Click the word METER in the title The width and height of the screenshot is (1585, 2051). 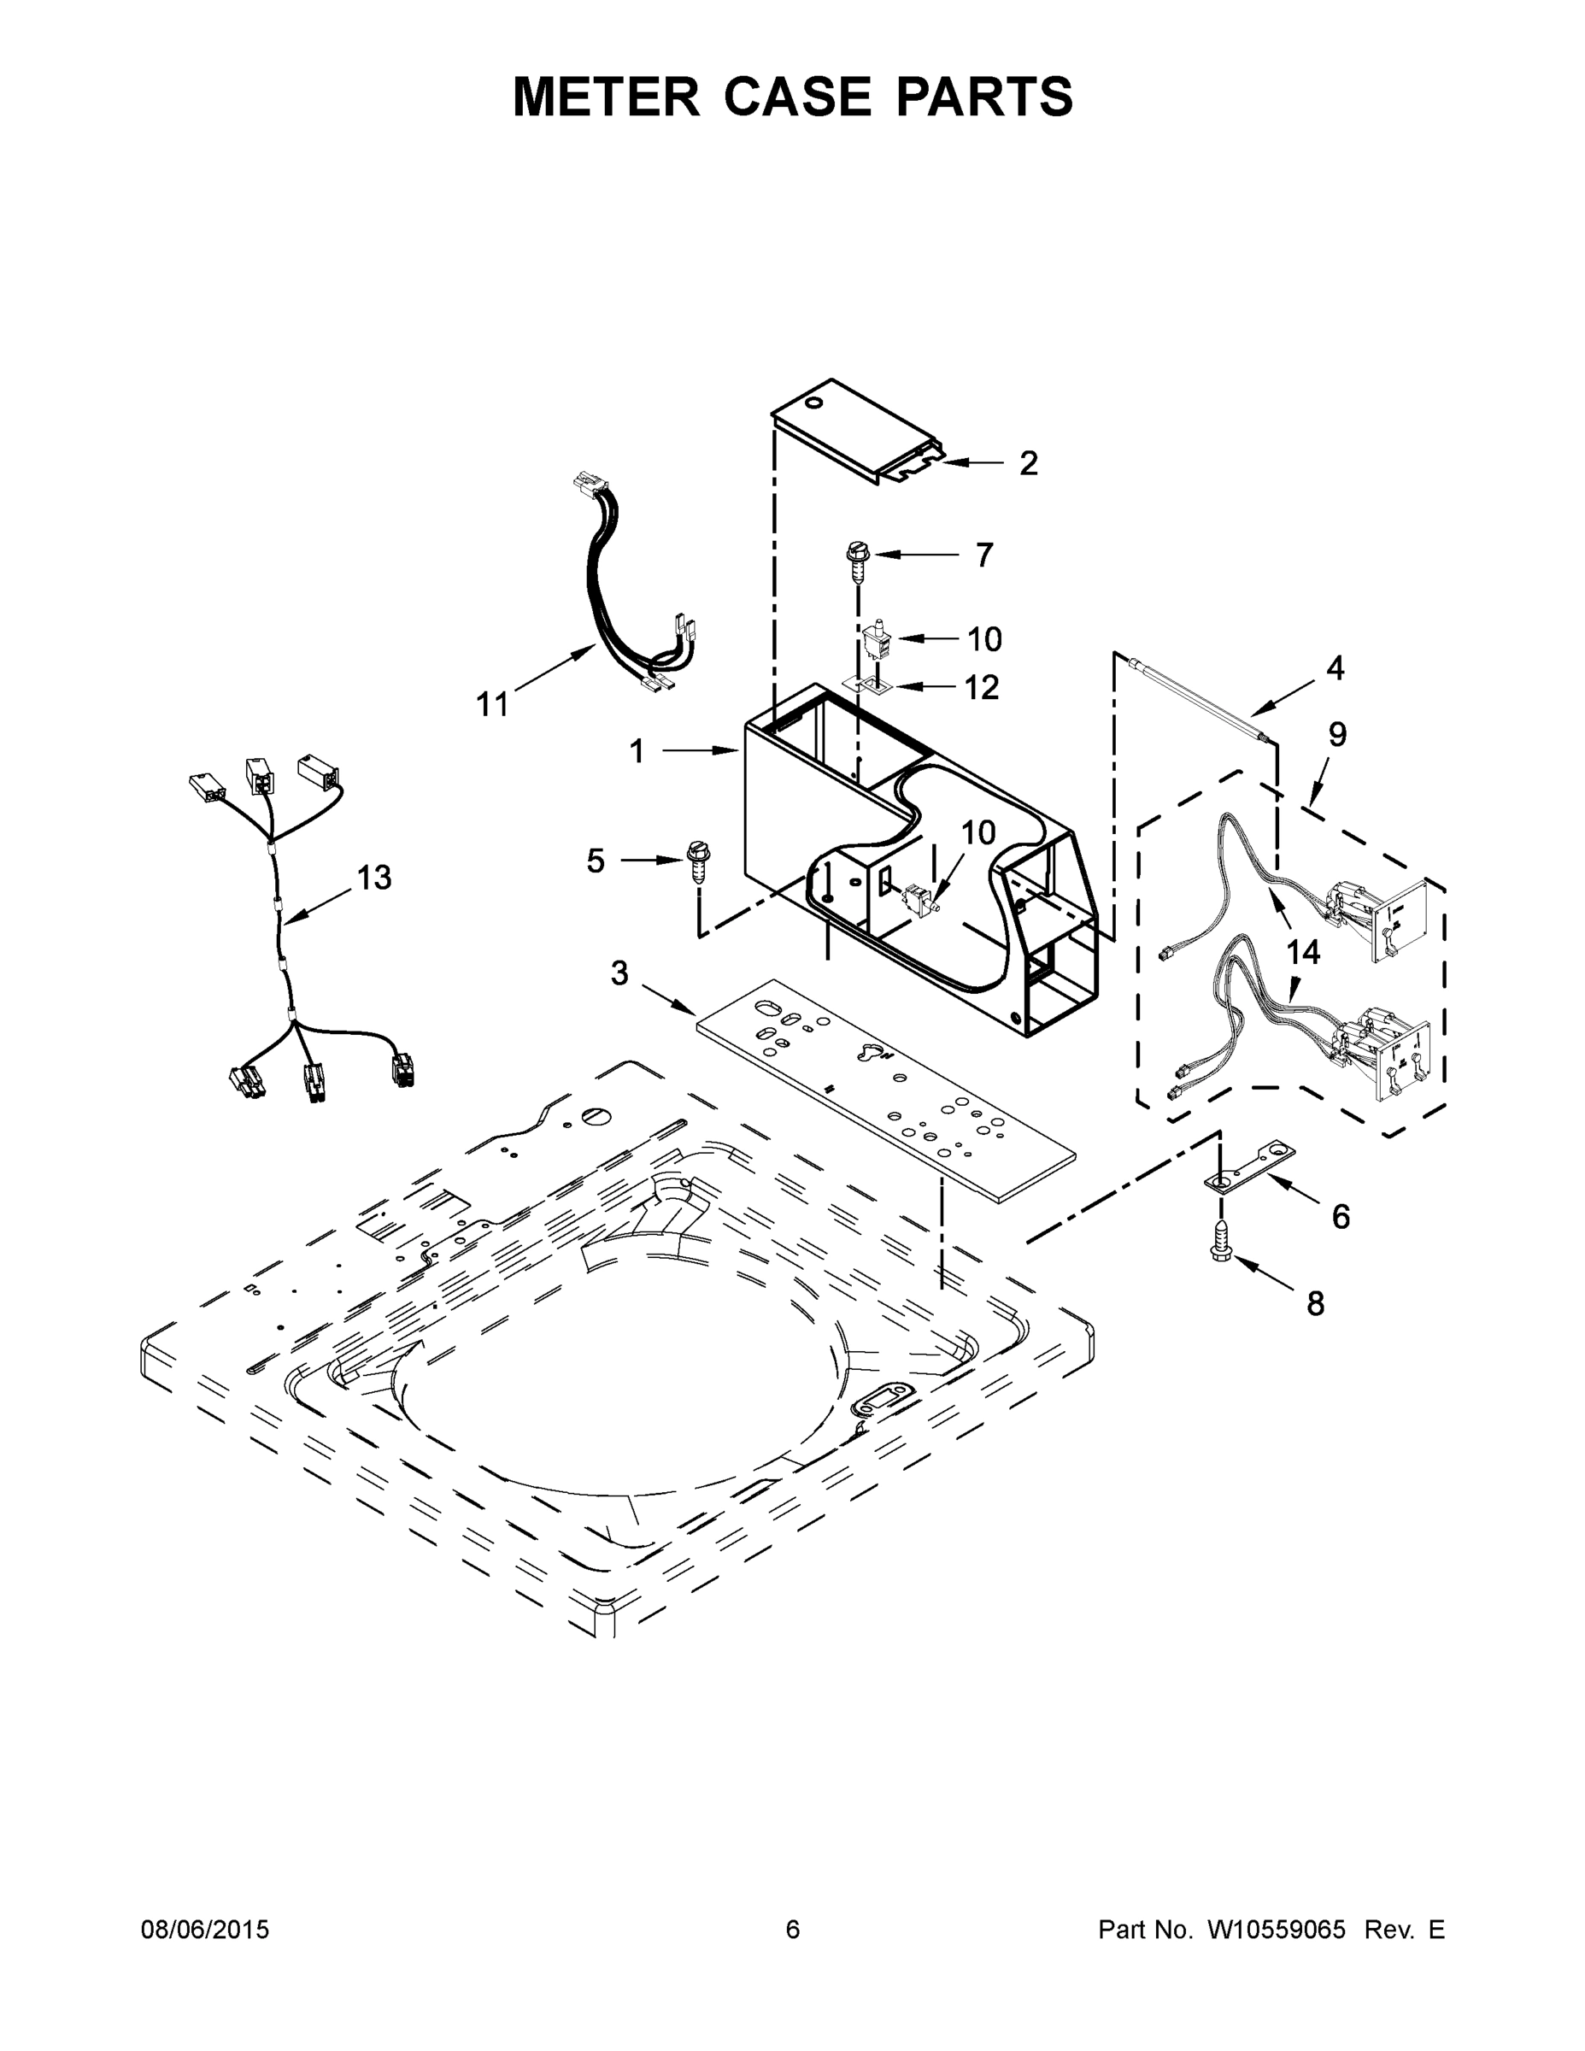pos(607,97)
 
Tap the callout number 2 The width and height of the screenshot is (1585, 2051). pos(1028,463)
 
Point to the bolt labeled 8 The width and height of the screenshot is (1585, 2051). pos(1221,1243)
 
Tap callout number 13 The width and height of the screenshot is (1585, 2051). pos(373,878)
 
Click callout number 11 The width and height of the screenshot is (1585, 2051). pos(492,703)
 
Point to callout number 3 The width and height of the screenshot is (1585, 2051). pos(619,974)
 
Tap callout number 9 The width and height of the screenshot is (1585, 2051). pos(1337,734)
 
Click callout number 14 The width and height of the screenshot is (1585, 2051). pos(1303,952)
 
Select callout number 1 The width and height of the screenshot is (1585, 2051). pos(637,751)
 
